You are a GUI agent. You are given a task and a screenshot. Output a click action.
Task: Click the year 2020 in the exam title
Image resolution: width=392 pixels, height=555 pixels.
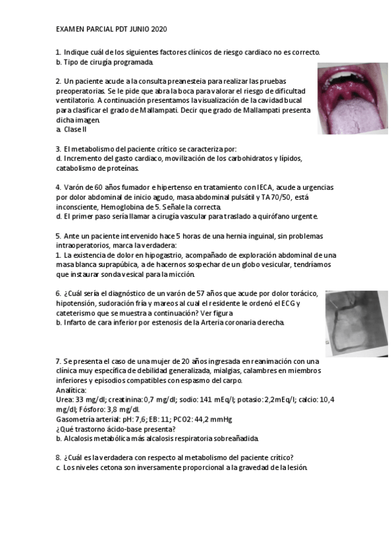(x=159, y=29)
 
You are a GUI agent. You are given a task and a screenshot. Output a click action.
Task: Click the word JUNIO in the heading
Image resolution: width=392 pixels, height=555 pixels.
(x=135, y=29)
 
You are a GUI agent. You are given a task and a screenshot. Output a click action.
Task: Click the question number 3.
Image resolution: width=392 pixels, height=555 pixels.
(x=58, y=149)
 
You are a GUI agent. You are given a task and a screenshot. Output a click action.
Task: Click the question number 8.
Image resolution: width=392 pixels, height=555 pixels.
(x=58, y=458)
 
